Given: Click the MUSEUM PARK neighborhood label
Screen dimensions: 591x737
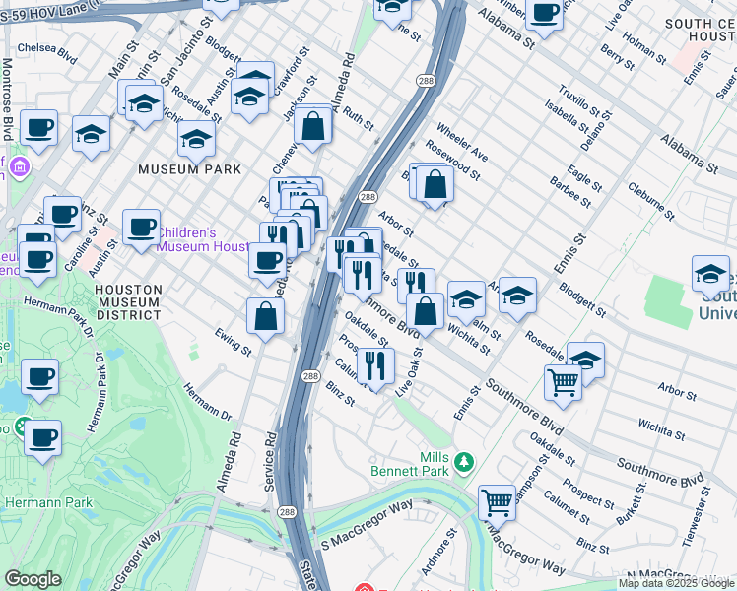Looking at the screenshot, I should [189, 169].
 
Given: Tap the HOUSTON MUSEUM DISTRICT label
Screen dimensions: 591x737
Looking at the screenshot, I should [128, 302].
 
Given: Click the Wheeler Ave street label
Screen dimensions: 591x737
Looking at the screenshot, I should [462, 143].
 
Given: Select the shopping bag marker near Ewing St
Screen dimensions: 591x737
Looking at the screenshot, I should [265, 316].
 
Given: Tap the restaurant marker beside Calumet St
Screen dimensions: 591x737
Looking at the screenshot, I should [376, 366].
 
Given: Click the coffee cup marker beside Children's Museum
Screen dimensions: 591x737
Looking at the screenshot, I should [141, 228].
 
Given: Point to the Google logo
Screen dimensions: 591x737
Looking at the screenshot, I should [33, 579].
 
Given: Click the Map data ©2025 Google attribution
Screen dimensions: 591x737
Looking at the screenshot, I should [675, 583].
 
